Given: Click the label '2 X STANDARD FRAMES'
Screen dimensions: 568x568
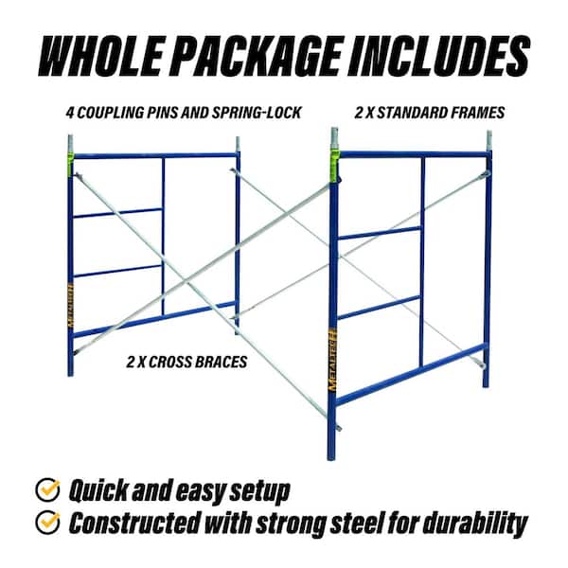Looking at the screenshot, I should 429,113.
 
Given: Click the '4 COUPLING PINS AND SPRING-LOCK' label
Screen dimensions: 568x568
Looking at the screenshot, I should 185,113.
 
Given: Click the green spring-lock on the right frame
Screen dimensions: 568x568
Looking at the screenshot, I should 334,170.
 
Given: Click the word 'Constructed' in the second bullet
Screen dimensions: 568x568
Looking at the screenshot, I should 133,522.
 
